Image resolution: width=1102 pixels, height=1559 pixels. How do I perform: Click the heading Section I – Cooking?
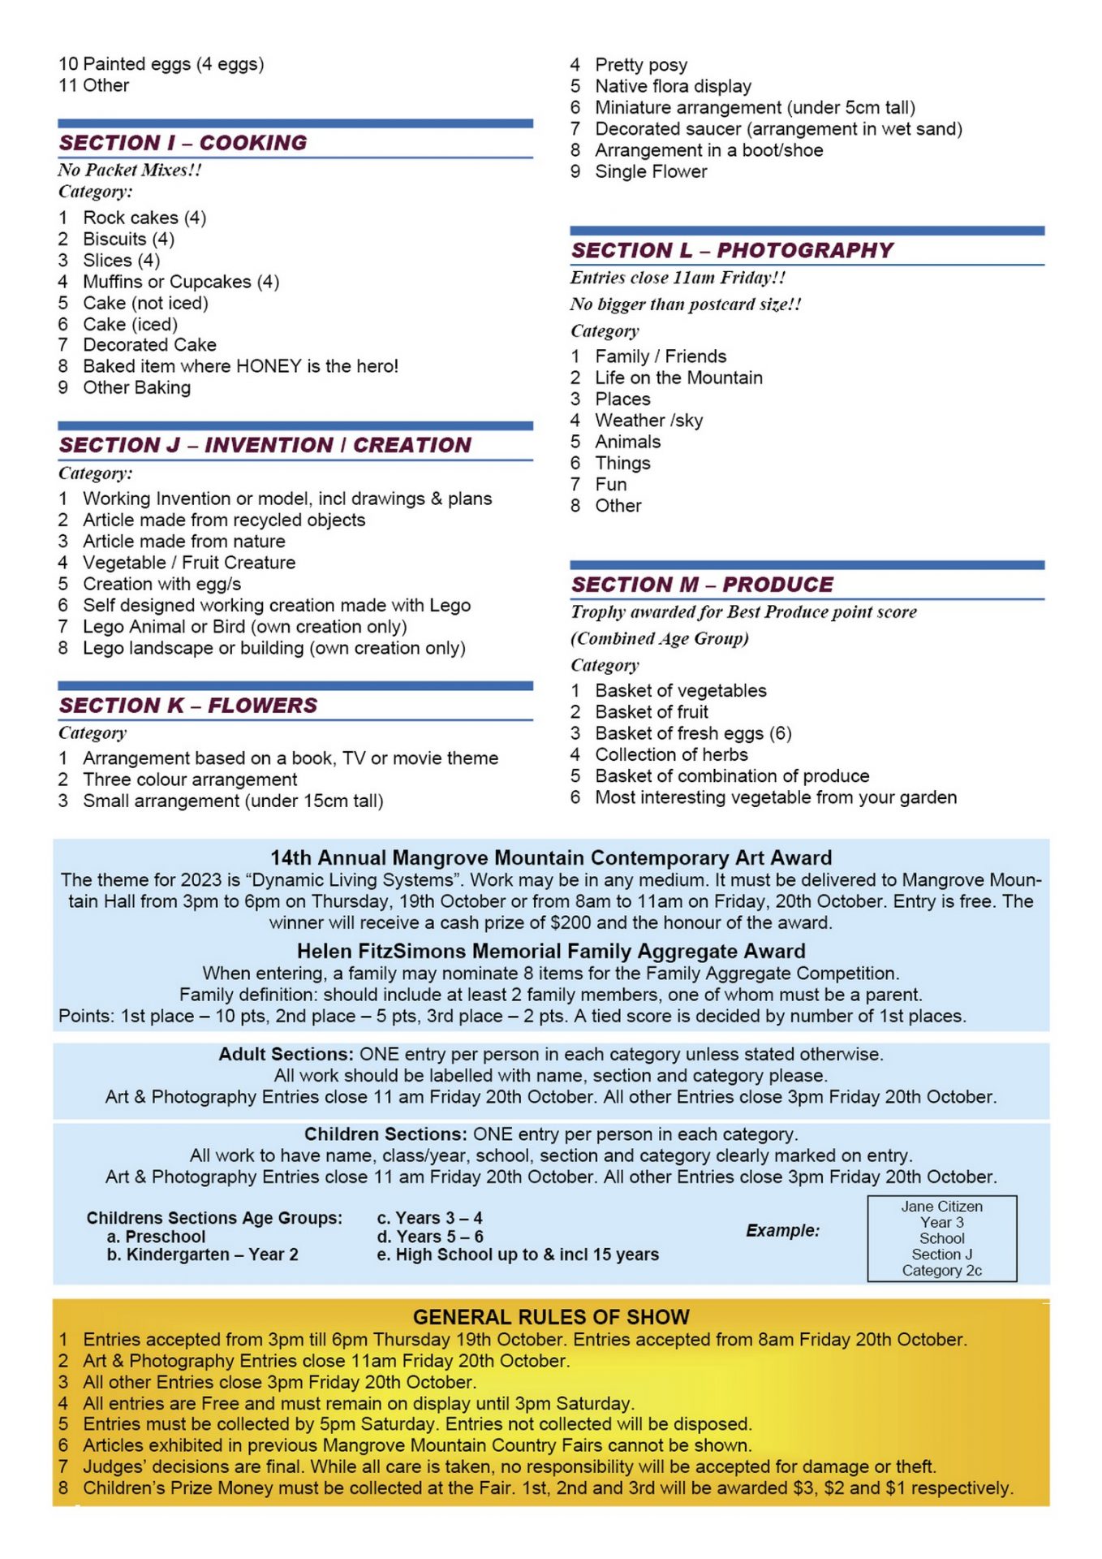pos(183,143)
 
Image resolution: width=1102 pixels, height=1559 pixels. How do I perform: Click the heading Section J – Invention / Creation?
pos(265,445)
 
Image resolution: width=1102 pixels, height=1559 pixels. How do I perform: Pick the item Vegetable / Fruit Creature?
pos(189,563)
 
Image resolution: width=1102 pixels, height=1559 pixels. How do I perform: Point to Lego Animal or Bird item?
pos(244,627)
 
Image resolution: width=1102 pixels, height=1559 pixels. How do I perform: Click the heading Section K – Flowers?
pos(187,706)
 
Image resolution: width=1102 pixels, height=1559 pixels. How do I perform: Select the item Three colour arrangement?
pos(190,779)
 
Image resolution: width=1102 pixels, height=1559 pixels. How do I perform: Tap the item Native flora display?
pos(673,86)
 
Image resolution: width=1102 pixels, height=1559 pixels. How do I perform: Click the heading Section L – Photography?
pos(732,250)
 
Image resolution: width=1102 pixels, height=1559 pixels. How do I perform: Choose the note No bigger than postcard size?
pos(686,304)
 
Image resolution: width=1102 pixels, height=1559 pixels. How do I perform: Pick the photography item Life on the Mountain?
pos(678,378)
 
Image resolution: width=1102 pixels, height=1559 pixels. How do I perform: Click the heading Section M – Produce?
pos(702,585)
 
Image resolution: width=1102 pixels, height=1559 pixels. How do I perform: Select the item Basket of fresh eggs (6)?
pos(693,733)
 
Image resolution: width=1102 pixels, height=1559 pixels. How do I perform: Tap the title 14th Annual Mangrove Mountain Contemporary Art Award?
pos(551,858)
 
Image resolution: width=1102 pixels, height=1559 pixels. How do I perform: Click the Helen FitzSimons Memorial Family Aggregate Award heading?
pos(551,952)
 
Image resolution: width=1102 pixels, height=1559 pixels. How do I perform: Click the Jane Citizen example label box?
pos(941,1238)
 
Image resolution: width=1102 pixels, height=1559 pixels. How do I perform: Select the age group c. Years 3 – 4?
pos(429,1218)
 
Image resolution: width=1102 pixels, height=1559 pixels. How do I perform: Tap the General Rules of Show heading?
pos(551,1317)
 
